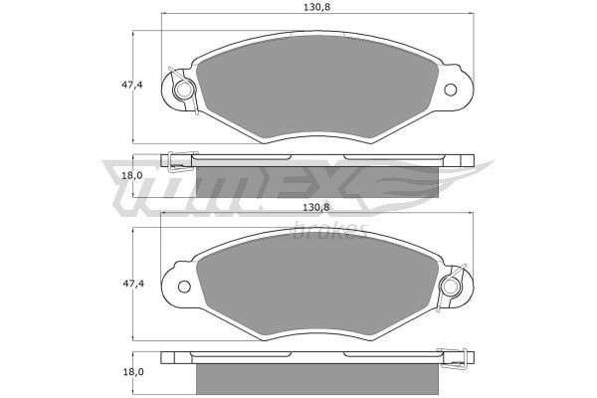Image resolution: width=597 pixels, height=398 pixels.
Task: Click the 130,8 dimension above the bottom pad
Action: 316,207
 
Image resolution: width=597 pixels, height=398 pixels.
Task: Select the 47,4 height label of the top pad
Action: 132,86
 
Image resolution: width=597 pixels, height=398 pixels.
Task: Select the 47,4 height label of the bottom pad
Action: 132,284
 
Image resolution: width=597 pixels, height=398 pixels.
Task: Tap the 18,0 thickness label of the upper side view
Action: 132,175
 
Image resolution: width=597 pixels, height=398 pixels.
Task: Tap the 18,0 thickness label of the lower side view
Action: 132,372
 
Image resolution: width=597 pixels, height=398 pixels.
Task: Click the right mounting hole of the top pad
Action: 451,90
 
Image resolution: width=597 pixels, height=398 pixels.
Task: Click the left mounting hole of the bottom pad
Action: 184,287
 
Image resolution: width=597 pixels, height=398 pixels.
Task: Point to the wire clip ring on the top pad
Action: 183,90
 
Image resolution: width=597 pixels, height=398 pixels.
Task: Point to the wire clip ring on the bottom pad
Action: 451,287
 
